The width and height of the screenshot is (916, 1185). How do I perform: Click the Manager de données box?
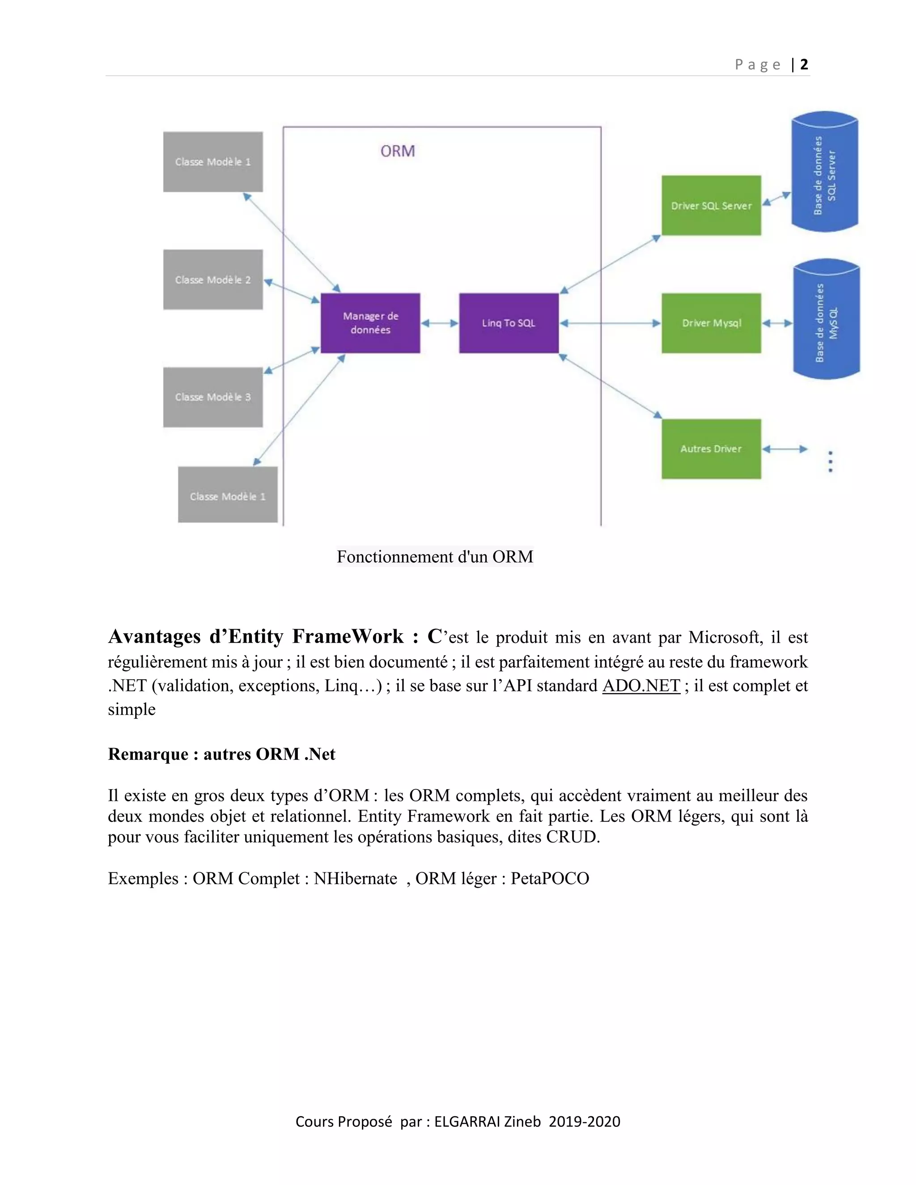(370, 323)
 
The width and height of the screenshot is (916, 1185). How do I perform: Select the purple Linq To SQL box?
(509, 323)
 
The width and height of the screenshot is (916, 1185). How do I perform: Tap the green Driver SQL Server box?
(711, 206)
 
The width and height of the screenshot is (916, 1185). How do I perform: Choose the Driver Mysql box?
(711, 323)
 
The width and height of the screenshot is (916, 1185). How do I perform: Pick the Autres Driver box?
(711, 449)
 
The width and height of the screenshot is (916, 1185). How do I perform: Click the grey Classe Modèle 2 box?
(213, 279)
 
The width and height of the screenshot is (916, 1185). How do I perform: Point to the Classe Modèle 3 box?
(213, 397)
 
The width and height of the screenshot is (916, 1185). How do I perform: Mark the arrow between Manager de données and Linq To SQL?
(440, 323)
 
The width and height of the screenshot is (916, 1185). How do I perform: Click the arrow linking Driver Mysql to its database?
(777, 323)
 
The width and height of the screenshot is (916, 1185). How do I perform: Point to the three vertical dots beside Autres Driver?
(830, 462)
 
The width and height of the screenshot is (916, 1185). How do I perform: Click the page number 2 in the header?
(804, 64)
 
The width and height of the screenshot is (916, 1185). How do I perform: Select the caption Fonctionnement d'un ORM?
(435, 557)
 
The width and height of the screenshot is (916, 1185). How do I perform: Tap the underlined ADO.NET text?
(641, 686)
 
